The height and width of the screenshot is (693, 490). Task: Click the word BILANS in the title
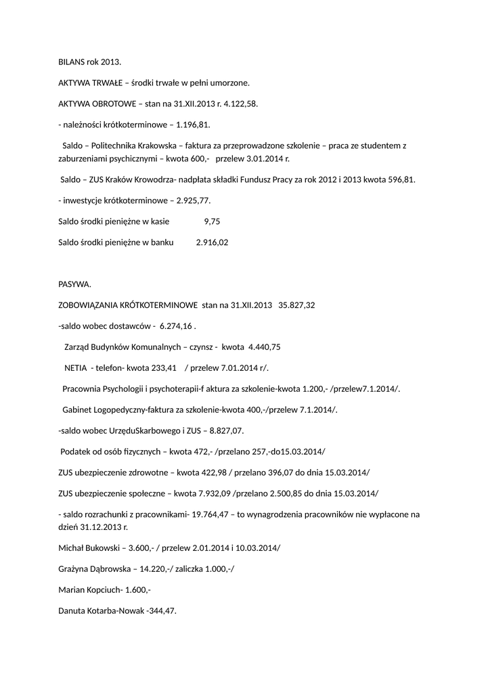tap(71, 62)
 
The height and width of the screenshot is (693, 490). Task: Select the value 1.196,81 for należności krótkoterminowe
tap(193, 125)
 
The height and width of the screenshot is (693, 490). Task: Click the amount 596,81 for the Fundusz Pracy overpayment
tap(399, 179)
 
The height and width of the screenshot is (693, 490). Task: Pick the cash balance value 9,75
tap(212, 221)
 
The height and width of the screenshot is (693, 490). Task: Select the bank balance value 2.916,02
tap(212, 242)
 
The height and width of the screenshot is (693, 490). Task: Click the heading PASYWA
tap(74, 284)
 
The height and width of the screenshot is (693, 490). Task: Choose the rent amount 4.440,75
tap(265, 346)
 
